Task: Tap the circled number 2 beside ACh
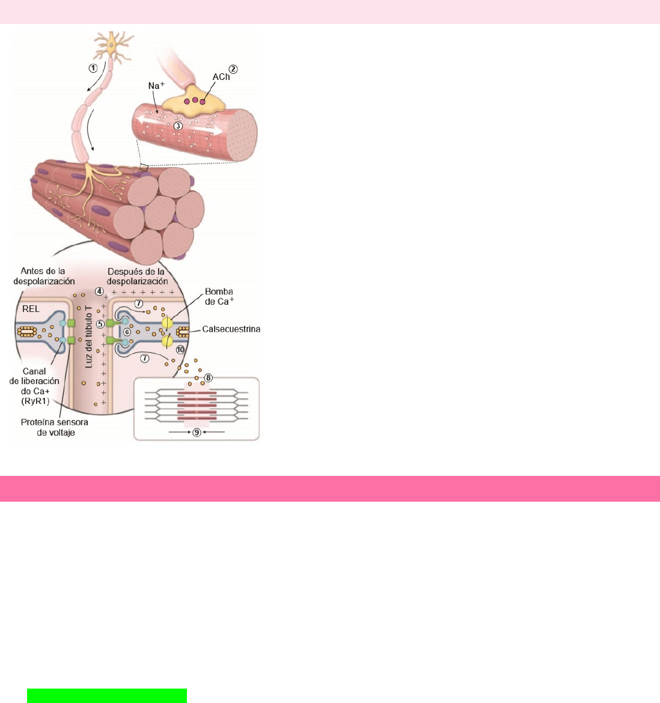click(233, 69)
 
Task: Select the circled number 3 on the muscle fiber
click(178, 126)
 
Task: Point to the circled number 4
click(99, 291)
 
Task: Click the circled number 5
click(101, 324)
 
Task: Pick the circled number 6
click(127, 332)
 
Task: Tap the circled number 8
click(209, 378)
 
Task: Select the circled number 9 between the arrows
click(197, 432)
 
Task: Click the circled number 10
click(180, 349)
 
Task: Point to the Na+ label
click(156, 86)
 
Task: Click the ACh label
click(221, 77)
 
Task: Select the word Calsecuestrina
click(231, 329)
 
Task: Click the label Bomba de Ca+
click(219, 296)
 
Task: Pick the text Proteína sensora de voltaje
click(55, 427)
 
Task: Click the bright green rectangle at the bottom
click(107, 695)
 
